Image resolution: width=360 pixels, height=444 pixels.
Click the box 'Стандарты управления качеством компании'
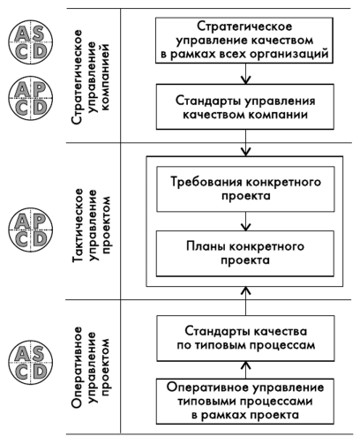pos(245,107)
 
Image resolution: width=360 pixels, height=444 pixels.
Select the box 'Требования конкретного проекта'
pos(245,189)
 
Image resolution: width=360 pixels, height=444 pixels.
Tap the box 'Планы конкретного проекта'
pos(245,253)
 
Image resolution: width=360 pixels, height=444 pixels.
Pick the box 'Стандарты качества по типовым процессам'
pos(245,338)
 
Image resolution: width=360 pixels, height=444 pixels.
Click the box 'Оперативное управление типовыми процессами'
pos(245,402)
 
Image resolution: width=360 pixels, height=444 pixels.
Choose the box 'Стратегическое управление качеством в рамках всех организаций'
pos(244,41)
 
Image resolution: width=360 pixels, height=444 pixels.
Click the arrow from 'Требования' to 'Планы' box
pos(245,222)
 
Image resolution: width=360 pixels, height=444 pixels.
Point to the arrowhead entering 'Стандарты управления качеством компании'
pos(245,80)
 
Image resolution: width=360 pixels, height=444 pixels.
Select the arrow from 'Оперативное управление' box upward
pos(245,370)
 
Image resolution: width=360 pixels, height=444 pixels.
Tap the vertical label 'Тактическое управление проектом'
pos(91,225)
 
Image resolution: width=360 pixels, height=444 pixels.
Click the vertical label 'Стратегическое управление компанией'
pos(91,77)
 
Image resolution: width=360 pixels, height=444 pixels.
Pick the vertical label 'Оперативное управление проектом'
pos(91,367)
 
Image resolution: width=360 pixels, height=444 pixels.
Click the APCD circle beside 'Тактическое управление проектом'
pos(30,230)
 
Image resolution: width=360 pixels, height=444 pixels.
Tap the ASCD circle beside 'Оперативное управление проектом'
pos(30,362)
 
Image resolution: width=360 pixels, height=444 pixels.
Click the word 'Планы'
pos(206,246)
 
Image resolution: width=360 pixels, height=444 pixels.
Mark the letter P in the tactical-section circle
pos(39,221)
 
